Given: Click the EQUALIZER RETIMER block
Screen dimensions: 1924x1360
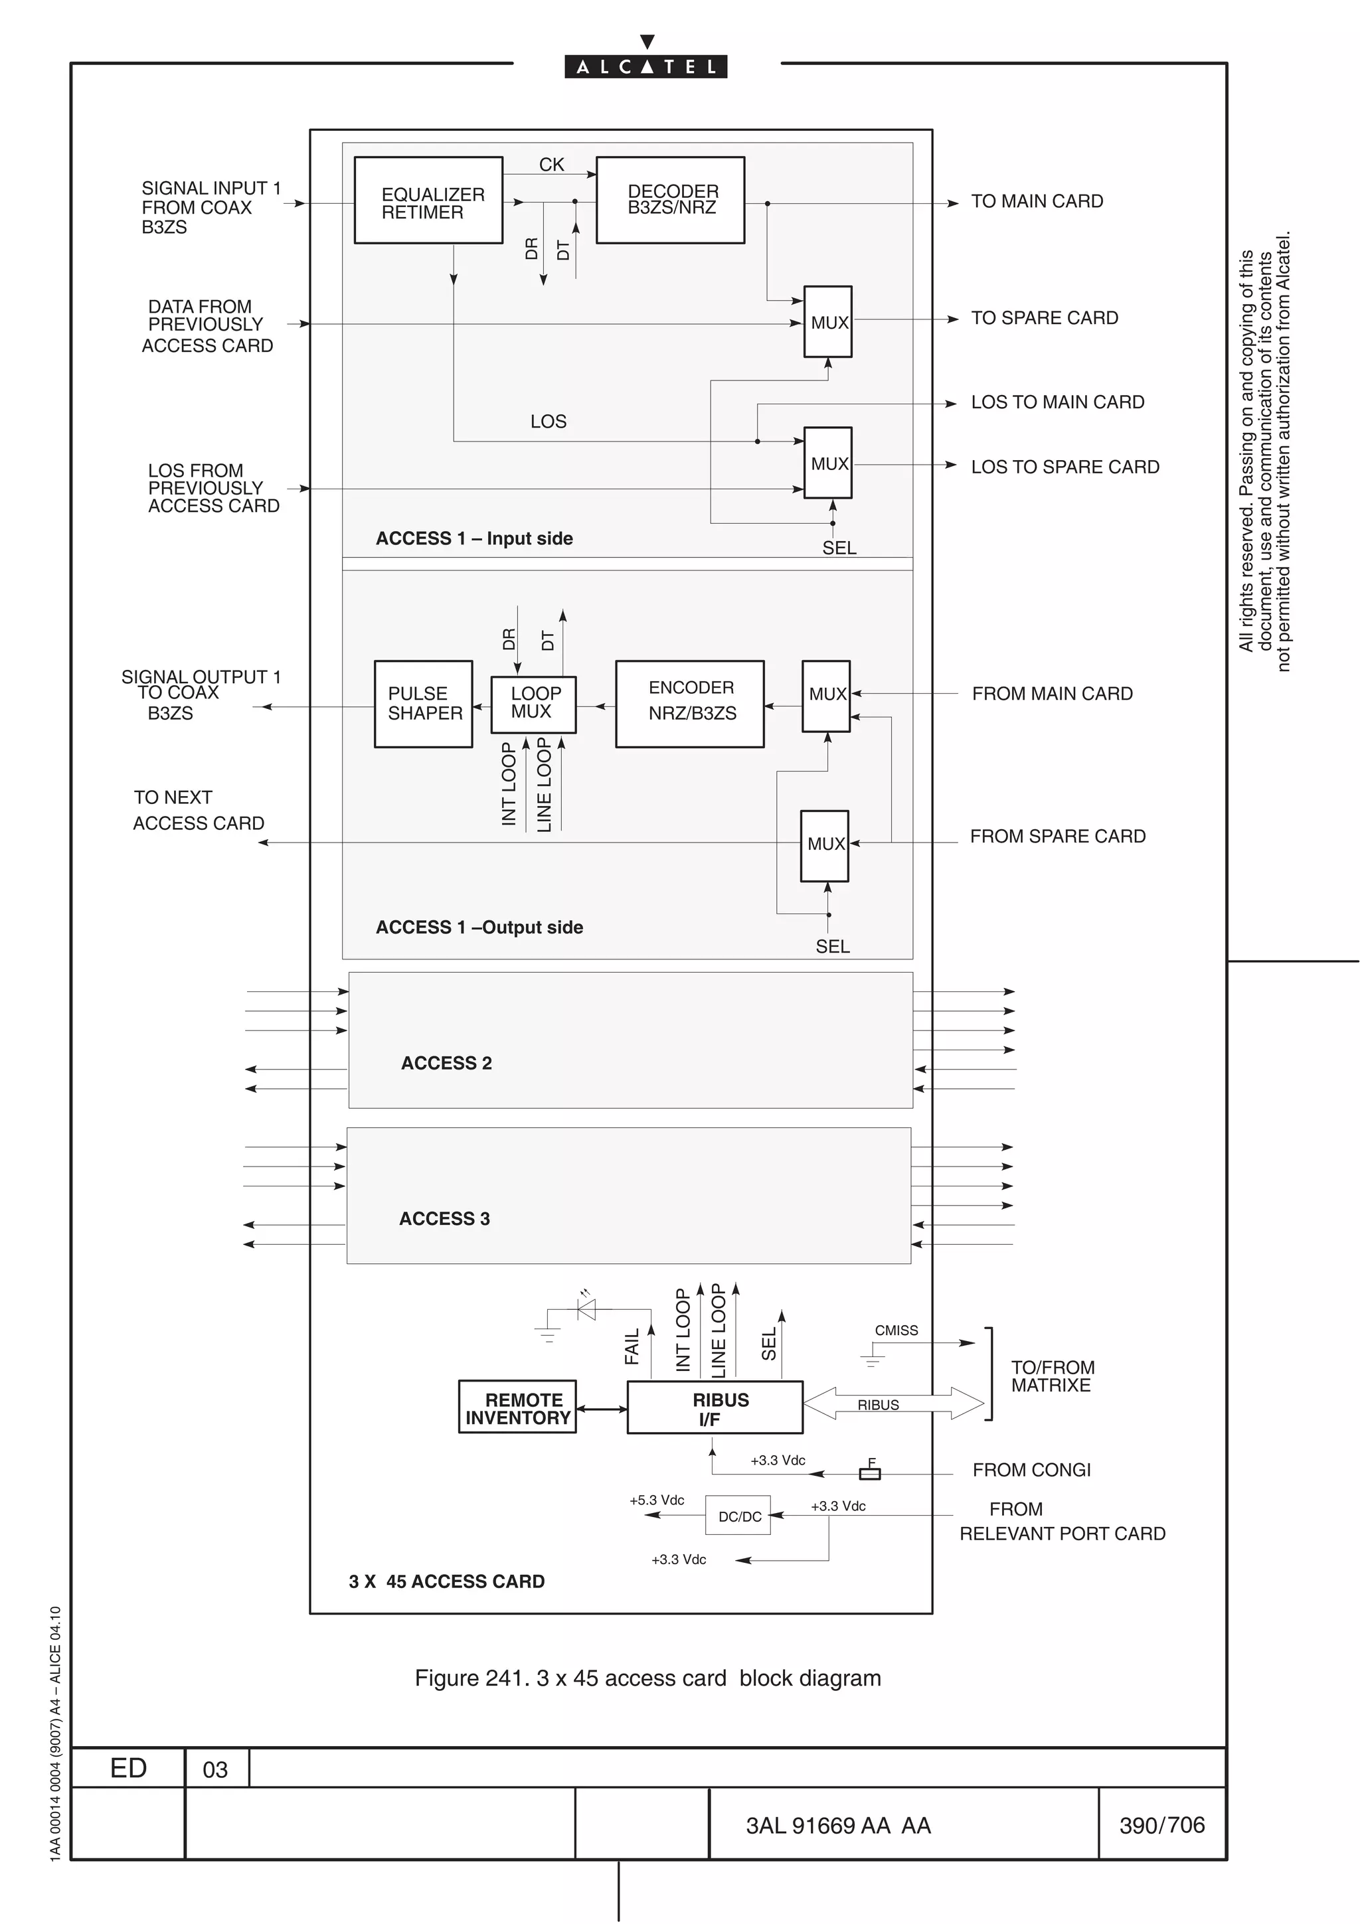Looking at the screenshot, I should click(428, 200).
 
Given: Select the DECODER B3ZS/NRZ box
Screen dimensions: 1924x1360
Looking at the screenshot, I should click(670, 200).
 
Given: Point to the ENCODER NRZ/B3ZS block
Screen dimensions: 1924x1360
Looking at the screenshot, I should click(690, 704).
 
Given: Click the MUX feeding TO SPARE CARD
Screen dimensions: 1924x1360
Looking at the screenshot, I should click(828, 322).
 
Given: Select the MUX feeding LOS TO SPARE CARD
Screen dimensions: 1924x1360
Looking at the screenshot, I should click(828, 463).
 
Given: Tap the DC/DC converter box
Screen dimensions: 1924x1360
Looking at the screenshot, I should click(738, 1516).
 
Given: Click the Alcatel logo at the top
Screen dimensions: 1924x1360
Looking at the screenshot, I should click(645, 65).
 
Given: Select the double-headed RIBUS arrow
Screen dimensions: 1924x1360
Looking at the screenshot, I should click(893, 1403).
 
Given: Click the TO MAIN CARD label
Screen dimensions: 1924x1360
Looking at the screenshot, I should click(1037, 201).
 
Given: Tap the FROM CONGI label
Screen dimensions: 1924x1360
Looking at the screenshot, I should click(1031, 1470).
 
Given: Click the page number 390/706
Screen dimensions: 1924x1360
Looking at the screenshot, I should click(1161, 1824).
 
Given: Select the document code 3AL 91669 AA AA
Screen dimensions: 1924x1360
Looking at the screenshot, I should click(838, 1825).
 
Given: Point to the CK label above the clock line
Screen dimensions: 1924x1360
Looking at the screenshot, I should click(551, 164).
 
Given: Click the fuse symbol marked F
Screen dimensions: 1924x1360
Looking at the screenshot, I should click(870, 1473).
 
